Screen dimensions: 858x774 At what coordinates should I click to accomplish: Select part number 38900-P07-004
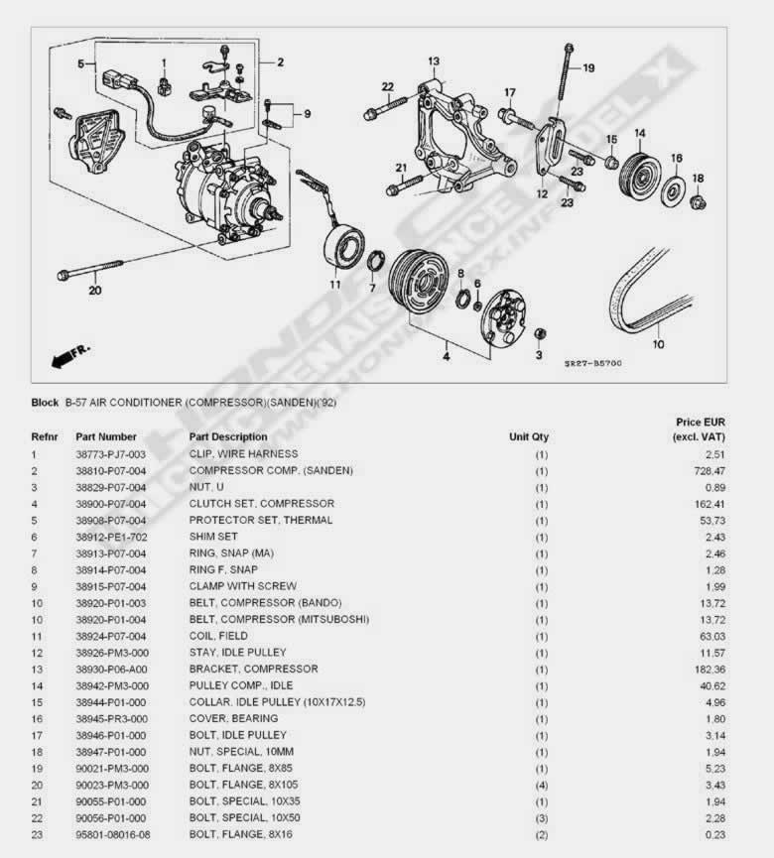tap(111, 504)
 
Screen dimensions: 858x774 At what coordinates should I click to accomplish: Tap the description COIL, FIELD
tap(218, 636)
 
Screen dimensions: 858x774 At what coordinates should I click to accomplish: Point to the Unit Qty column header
tap(529, 436)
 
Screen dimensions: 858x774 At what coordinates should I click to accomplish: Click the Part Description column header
tap(228, 436)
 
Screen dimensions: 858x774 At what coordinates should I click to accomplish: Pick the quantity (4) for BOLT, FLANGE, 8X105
tap(541, 785)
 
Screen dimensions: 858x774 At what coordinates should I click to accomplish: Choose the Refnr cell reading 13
tap(37, 669)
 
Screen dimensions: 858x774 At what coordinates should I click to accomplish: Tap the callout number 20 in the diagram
tap(94, 291)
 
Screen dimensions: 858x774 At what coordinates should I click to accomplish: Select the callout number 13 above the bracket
tap(434, 61)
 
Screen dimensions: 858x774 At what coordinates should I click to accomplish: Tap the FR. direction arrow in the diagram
tap(69, 350)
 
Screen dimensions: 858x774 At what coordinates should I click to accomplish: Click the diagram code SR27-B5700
tap(592, 363)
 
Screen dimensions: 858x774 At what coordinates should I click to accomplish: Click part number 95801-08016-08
tap(114, 834)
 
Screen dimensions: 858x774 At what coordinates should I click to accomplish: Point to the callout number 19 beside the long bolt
tap(588, 68)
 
